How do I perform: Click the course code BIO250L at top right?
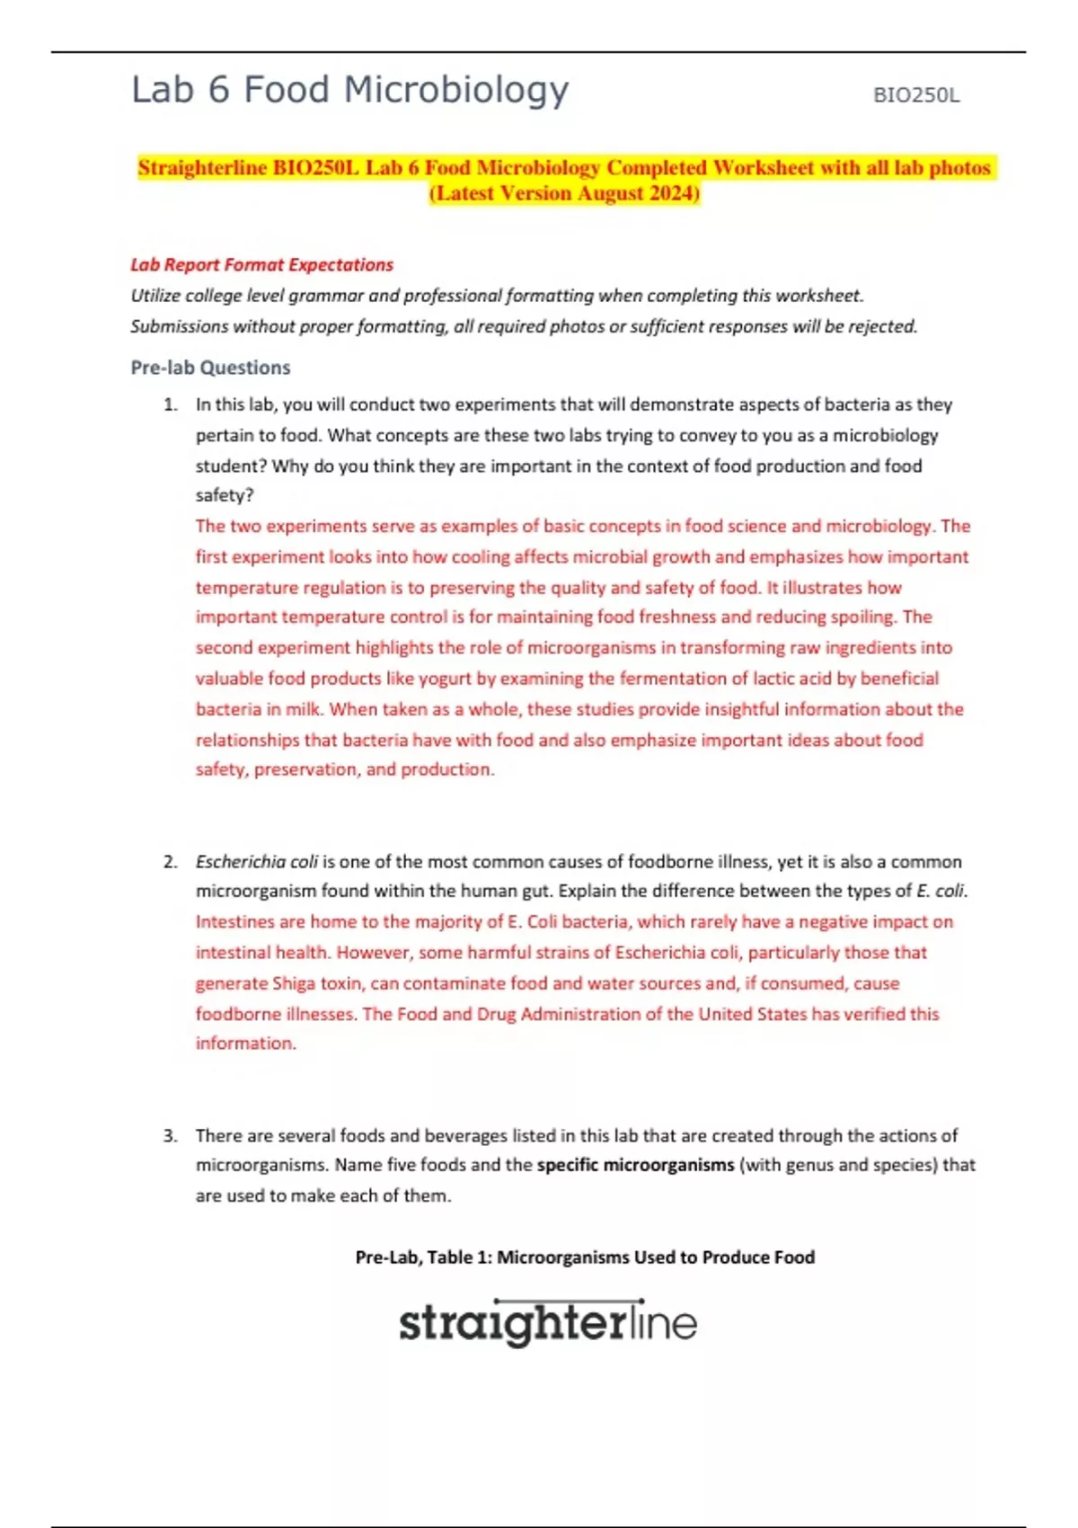pyautogui.click(x=915, y=95)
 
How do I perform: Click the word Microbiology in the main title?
pyautogui.click(x=456, y=91)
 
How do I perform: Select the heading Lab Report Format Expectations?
pyautogui.click(x=261, y=265)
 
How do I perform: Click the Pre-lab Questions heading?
pyautogui.click(x=210, y=368)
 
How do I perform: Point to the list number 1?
pyautogui.click(x=170, y=405)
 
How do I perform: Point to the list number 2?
pyautogui.click(x=170, y=862)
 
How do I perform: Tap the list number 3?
pyautogui.click(x=170, y=1136)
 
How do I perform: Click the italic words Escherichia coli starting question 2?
pyautogui.click(x=257, y=862)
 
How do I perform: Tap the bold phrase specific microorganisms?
pyautogui.click(x=635, y=1166)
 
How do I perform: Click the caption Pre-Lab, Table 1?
pyautogui.click(x=584, y=1257)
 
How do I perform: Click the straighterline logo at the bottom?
pyautogui.click(x=547, y=1323)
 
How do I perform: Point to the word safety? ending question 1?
pyautogui.click(x=225, y=496)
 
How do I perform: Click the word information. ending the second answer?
pyautogui.click(x=245, y=1044)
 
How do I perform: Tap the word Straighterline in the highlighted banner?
pyautogui.click(x=202, y=168)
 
